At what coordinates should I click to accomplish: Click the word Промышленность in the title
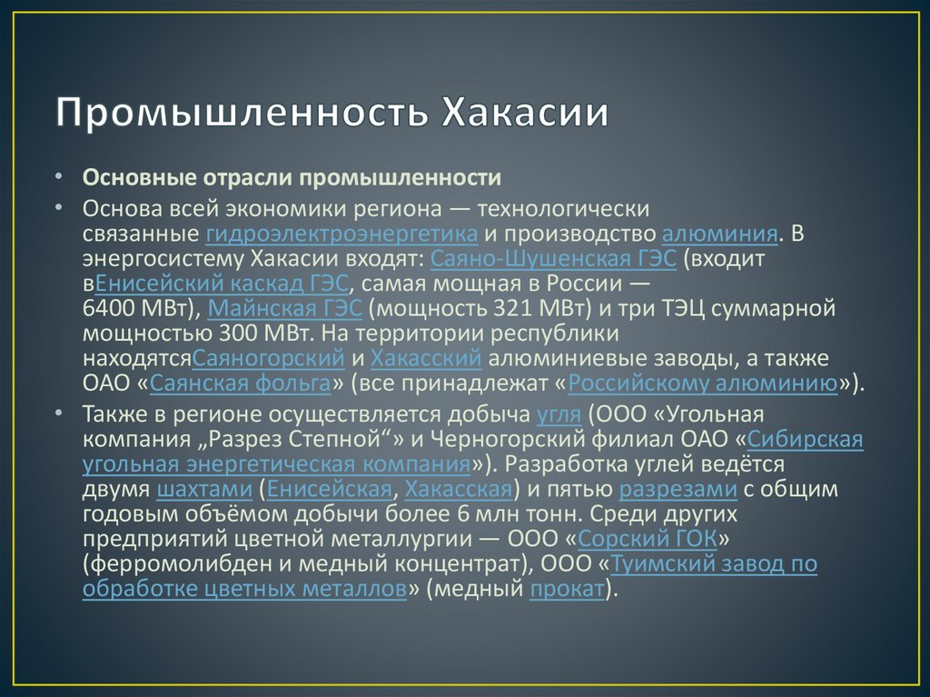(x=243, y=115)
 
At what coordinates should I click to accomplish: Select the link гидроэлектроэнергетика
(x=342, y=234)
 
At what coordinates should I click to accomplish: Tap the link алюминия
(x=720, y=234)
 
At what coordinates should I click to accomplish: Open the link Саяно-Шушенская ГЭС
(x=554, y=259)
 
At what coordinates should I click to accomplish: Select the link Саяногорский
(x=269, y=357)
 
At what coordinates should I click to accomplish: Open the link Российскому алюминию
(x=703, y=383)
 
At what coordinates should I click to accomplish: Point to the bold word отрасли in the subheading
(x=238, y=175)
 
